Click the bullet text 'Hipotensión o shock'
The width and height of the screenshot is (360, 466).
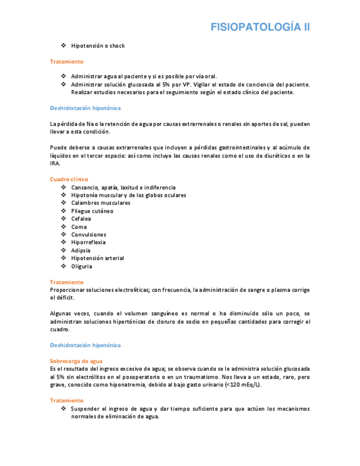coord(97,46)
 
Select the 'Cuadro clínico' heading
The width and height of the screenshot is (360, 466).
coord(69,179)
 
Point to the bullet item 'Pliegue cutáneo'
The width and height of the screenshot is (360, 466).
coord(92,211)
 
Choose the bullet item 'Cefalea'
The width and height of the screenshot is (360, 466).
coord(81,219)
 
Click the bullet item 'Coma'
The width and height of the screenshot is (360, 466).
coord(79,227)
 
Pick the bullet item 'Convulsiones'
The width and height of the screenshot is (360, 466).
coord(88,235)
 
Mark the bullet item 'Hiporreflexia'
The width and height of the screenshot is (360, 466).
coord(88,242)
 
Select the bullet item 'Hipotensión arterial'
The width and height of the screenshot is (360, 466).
coord(97,258)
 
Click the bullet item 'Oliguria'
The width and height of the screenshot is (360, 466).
coord(81,267)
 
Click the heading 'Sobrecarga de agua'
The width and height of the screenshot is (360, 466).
coord(76,360)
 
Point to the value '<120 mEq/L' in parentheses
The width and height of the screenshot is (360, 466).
coord(242,385)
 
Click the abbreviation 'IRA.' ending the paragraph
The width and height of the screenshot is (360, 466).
coord(56,163)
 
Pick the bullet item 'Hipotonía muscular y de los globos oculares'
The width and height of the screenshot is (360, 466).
coord(128,195)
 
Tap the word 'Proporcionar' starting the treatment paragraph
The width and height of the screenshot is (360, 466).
coord(67,290)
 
